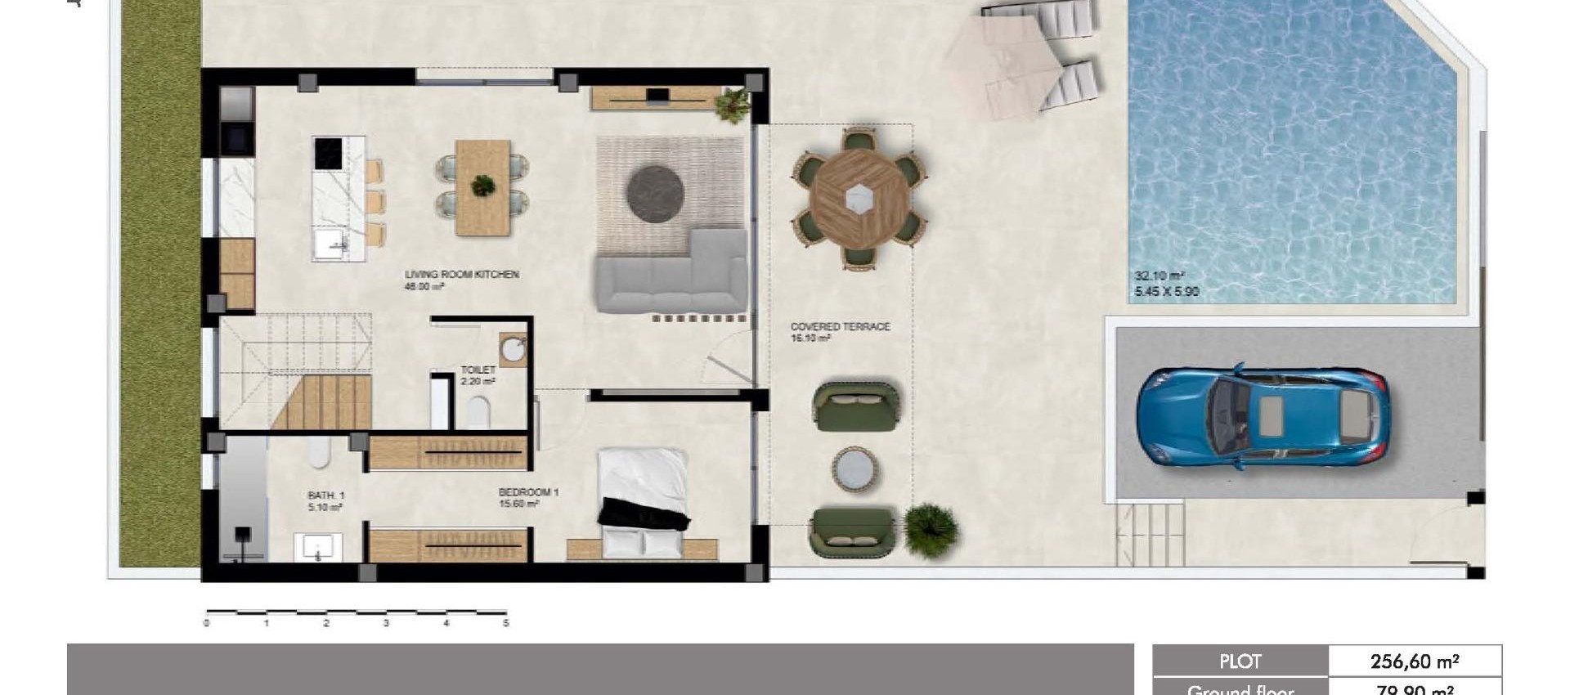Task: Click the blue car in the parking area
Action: click(x=1262, y=417)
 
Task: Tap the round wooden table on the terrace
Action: click(x=859, y=198)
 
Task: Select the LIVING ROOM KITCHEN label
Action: click(x=462, y=275)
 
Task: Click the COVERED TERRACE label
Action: click(x=840, y=326)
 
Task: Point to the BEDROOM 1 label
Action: click(x=528, y=492)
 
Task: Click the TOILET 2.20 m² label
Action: click(x=478, y=375)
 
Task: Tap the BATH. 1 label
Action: click(x=325, y=495)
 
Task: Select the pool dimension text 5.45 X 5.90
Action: click(x=1166, y=291)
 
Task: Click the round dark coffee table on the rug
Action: click(x=655, y=193)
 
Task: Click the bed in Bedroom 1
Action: click(x=643, y=499)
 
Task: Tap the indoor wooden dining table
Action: click(x=482, y=187)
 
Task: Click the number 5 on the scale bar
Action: click(x=506, y=623)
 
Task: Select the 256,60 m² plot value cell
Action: click(x=1415, y=661)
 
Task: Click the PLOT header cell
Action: click(x=1240, y=661)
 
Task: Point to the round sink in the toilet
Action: click(x=514, y=350)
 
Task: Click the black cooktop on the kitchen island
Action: click(x=328, y=153)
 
